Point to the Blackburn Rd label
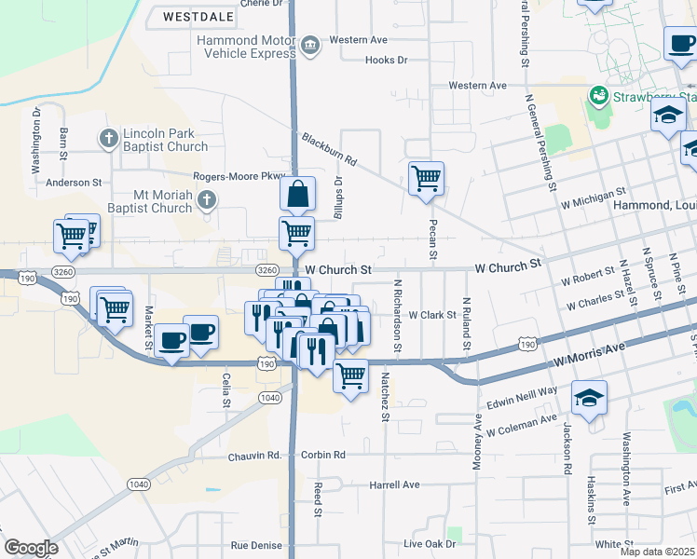(329, 149)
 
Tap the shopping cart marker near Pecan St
(426, 177)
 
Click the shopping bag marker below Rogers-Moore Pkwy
(297, 195)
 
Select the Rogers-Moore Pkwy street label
(238, 176)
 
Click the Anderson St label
(69, 183)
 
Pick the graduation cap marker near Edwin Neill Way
(589, 398)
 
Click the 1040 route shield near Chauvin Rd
(138, 484)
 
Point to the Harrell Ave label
(394, 485)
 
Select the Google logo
(31, 548)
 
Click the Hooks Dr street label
(387, 61)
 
